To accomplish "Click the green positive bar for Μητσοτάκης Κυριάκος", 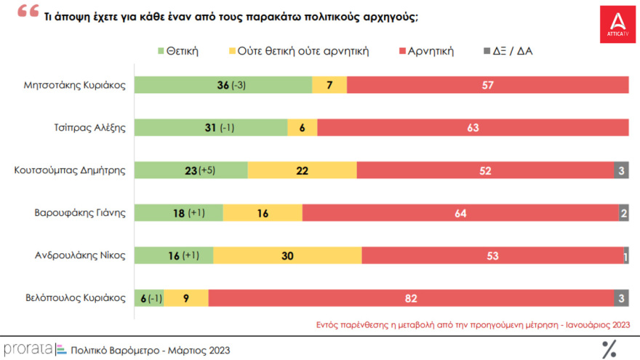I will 223,85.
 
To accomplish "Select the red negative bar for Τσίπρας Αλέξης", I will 473,128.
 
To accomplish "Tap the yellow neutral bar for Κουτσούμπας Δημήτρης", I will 302,170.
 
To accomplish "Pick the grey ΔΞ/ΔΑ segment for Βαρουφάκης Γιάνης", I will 624,213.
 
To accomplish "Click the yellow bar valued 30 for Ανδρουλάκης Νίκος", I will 287,255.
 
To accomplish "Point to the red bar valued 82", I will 411,298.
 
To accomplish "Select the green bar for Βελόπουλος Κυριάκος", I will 150,298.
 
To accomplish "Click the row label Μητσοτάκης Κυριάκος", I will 75,85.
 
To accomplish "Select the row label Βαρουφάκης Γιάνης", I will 81,213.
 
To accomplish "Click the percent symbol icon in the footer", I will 608,349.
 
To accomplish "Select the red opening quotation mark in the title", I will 27,12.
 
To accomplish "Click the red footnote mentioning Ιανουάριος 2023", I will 473,324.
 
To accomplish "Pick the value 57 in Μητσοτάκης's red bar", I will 488,85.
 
